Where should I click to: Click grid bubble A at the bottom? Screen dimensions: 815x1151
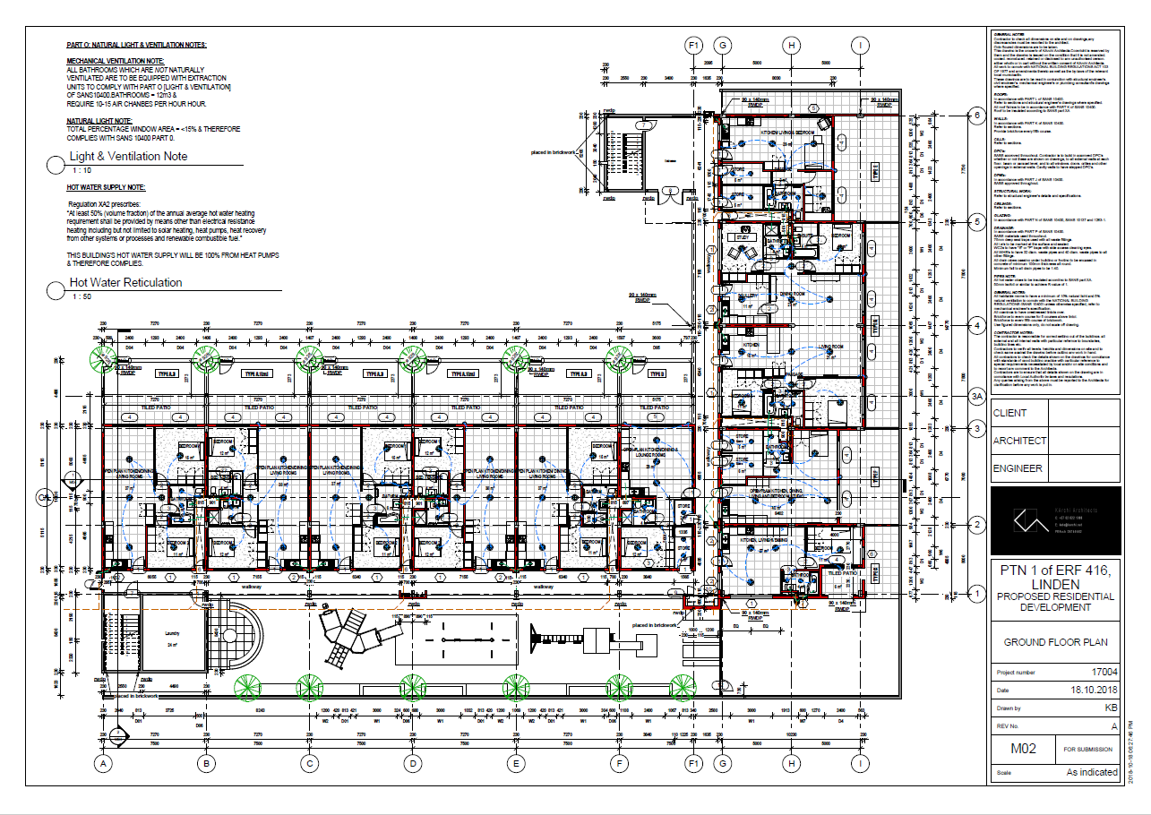(x=104, y=764)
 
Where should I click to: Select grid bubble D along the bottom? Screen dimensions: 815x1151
(x=413, y=764)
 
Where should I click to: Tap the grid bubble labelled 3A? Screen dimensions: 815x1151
(x=978, y=395)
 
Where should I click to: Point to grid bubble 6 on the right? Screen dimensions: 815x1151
(x=978, y=115)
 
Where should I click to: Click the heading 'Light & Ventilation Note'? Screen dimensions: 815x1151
(x=129, y=156)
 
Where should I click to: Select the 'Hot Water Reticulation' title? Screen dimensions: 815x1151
(x=125, y=282)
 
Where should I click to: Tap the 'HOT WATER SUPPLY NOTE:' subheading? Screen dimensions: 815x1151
(x=106, y=188)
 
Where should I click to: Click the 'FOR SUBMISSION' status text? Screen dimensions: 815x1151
(x=1087, y=749)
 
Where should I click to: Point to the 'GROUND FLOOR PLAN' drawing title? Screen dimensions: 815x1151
(x=1055, y=642)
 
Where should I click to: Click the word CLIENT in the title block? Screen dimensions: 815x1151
(x=1010, y=413)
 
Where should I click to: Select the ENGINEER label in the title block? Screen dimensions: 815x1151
(x=1018, y=468)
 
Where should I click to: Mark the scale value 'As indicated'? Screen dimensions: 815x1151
(x=1092, y=771)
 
